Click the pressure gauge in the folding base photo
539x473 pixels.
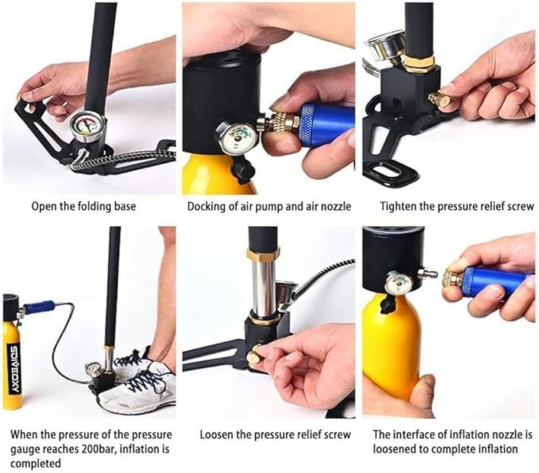[x=86, y=127]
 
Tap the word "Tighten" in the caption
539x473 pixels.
[x=398, y=206]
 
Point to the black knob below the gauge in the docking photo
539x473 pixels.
[x=243, y=169]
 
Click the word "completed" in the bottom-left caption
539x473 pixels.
[x=35, y=463]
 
